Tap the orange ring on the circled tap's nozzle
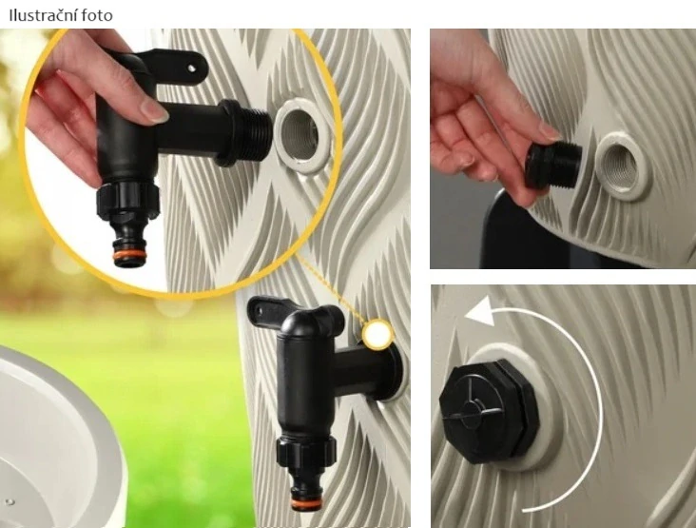tap(129, 255)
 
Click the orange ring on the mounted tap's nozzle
tap(307, 502)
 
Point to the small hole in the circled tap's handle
tap(191, 68)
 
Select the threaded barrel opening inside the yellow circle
tap(301, 135)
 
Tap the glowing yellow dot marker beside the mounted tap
tap(377, 334)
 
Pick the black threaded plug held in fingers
tap(553, 166)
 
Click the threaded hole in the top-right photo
tap(621, 166)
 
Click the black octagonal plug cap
tap(490, 410)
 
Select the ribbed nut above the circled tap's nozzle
tap(127, 200)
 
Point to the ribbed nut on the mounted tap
tap(306, 452)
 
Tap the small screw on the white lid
tap(10, 502)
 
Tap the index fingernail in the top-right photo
tap(550, 132)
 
